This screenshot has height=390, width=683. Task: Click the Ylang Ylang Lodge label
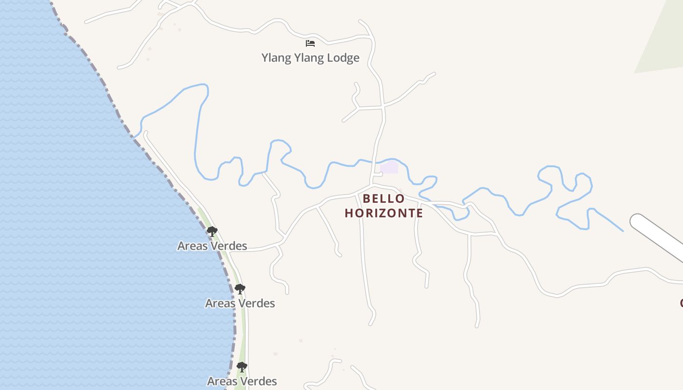tap(310, 58)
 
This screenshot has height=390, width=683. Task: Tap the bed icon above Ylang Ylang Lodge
tap(310, 43)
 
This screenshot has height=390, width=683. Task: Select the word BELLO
tap(383, 199)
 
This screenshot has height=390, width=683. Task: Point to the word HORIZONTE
tap(384, 214)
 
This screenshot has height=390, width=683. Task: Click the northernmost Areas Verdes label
tap(212, 246)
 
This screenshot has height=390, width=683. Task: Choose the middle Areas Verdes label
tap(240, 303)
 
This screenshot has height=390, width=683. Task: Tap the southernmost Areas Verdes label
tap(242, 381)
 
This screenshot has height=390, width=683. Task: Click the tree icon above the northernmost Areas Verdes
tap(212, 232)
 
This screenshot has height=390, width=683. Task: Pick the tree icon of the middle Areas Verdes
tap(240, 289)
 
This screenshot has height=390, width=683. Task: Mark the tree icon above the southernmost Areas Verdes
tap(241, 367)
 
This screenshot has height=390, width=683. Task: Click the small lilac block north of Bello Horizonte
tap(389, 168)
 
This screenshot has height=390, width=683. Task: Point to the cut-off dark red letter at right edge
tap(681, 303)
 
